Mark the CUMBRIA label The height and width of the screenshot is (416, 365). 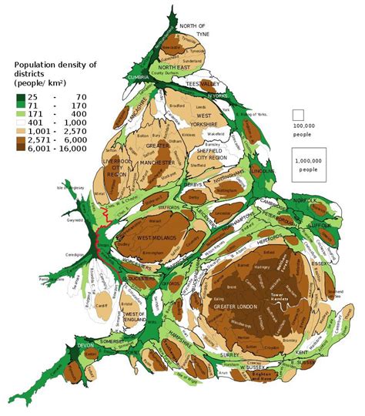138,77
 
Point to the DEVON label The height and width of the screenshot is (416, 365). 85,347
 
